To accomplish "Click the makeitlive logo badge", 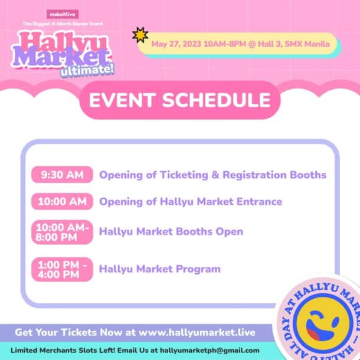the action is pos(63,14).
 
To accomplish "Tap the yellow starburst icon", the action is pos(140,35).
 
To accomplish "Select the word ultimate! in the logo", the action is pos(87,70).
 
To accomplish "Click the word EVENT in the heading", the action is pos(122,100).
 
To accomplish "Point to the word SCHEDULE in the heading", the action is pos(217,100).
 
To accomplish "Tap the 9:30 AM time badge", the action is pos(62,175).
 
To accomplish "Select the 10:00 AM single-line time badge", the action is pos(62,202).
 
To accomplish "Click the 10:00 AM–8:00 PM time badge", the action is pos(62,232).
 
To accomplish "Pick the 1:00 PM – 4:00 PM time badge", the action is pos(62,270).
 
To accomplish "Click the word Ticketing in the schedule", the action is pos(184,175).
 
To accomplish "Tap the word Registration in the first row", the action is pos(254,175).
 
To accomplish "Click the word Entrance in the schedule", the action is pos(260,202).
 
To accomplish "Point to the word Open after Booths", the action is pos(230,232).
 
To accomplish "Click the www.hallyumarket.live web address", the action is pos(197,332).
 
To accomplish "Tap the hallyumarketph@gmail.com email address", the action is pos(210,351).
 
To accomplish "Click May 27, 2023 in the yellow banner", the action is pos(176,44).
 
